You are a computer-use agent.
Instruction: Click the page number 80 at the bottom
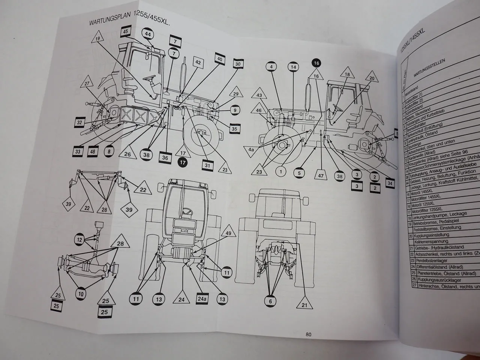pos(308,334)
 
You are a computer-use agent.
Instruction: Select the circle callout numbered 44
pos(148,34)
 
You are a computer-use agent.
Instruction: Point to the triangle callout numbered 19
pos(97,39)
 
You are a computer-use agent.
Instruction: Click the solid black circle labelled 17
pos(183,163)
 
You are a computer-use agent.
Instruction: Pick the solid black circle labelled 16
pos(316,63)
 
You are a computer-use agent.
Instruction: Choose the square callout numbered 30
pos(238,64)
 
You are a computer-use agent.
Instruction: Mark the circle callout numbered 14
pos(294,67)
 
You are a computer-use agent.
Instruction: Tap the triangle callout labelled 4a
pos(251,150)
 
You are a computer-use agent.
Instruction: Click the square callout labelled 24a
pos(202,299)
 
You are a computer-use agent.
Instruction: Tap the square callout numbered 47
pos(321,175)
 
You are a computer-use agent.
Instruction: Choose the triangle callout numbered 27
pos(87,84)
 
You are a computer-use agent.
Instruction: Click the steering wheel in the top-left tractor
pos(151,79)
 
